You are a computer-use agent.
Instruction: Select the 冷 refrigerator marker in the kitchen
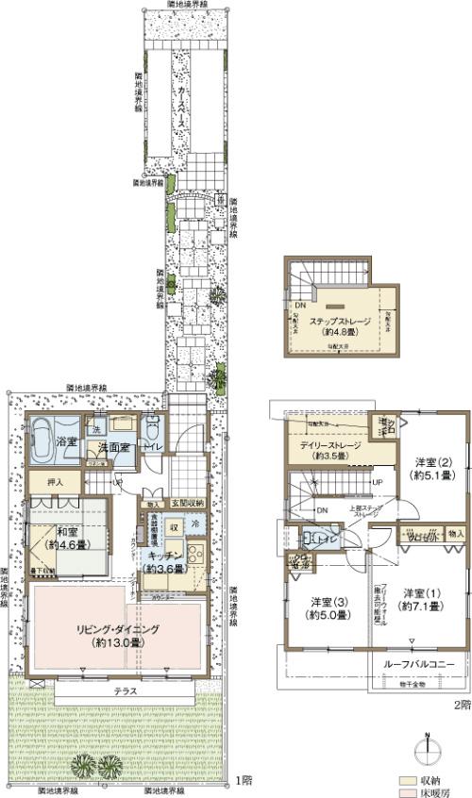195,525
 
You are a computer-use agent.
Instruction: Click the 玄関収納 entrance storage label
186,505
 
